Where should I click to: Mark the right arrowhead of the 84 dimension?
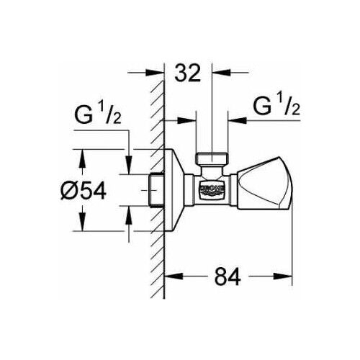[x=289, y=274]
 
